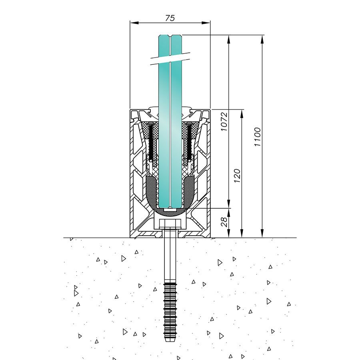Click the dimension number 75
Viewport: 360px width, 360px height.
[x=170, y=18]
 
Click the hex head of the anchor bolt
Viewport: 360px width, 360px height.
[x=170, y=224]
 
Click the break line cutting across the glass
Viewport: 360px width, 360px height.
[x=170, y=58]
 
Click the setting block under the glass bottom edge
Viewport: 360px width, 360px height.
[x=170, y=209]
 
